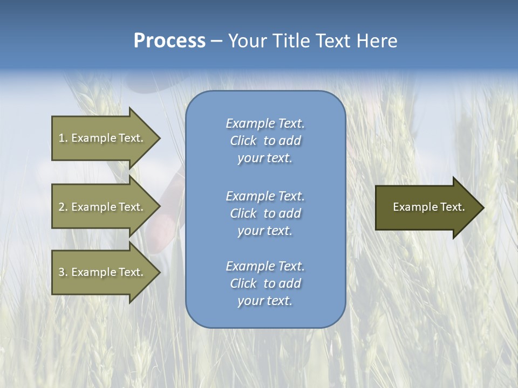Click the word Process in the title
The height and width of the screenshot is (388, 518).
tap(169, 41)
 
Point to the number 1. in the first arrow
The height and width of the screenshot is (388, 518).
tap(63, 138)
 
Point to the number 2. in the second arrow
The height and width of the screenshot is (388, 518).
tap(63, 207)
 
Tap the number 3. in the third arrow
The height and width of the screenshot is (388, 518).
tap(63, 272)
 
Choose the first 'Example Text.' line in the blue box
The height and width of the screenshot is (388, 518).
tap(265, 123)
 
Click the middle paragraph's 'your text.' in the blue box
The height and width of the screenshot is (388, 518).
tap(265, 231)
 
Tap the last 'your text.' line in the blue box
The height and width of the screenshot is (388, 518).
tap(265, 301)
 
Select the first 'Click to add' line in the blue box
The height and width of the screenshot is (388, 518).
tap(265, 141)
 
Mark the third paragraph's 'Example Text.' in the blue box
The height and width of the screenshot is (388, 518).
tap(265, 266)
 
